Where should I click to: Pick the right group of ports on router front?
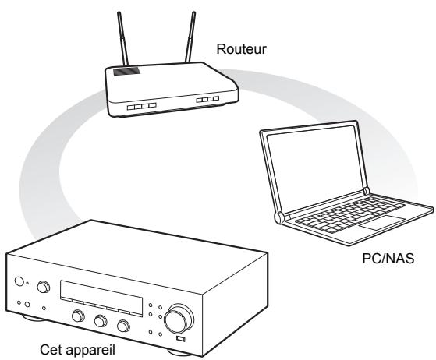[207, 101]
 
